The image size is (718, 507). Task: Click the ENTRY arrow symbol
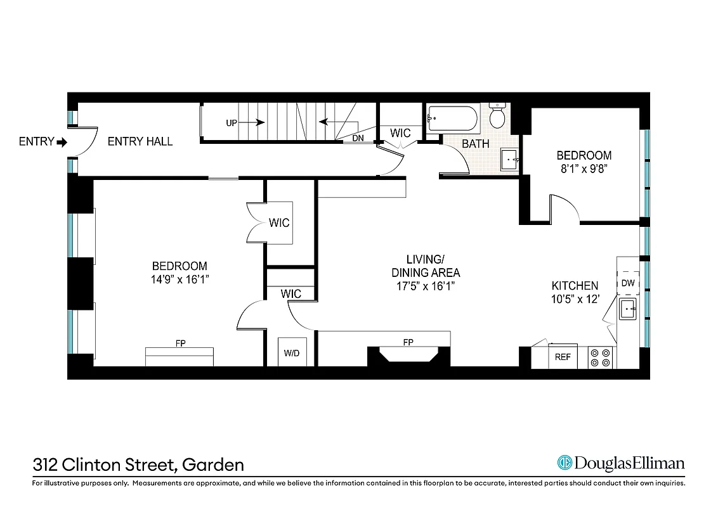[x=62, y=142]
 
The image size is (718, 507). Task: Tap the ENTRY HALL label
[x=140, y=141]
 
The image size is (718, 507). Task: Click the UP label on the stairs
[x=232, y=123]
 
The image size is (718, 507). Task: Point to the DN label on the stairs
[x=358, y=138]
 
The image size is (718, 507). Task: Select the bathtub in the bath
[x=452, y=118]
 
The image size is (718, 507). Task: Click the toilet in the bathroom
[x=497, y=115]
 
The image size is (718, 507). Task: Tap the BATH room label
[x=475, y=144]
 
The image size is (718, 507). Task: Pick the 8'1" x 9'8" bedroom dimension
[x=584, y=169]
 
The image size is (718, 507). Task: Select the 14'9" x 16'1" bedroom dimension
[x=179, y=279]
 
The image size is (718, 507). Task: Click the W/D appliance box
[x=292, y=352]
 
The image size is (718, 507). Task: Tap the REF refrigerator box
[x=563, y=357]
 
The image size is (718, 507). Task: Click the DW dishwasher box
[x=628, y=283]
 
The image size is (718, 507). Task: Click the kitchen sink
[x=628, y=311]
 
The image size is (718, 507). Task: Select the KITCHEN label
[x=575, y=286]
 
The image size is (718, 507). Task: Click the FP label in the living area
[x=408, y=342]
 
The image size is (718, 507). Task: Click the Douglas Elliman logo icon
[x=565, y=463]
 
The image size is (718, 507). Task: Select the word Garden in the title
[x=213, y=465]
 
